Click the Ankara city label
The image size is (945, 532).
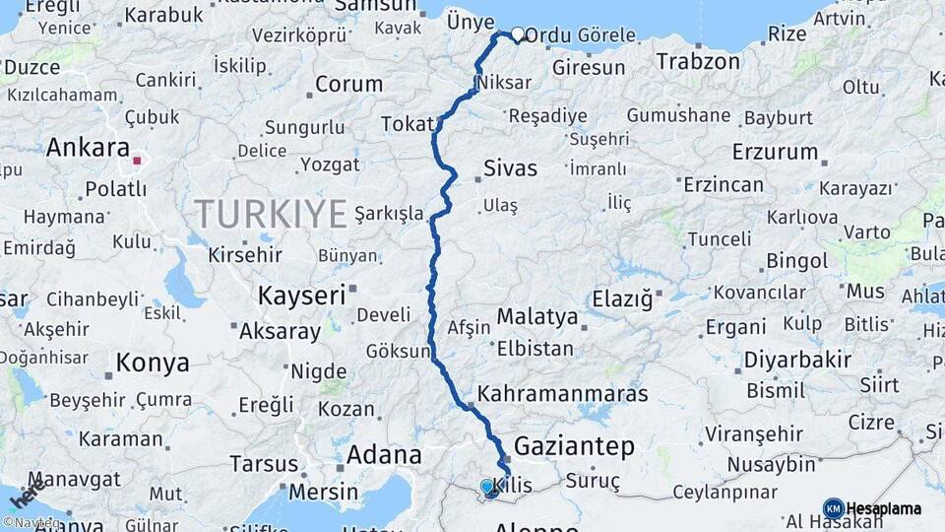(x=89, y=148)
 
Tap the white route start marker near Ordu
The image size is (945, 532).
(x=518, y=34)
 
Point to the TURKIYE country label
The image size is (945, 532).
(x=271, y=213)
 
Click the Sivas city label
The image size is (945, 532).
(x=510, y=168)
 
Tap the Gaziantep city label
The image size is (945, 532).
(x=574, y=446)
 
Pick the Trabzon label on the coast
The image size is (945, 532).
(x=698, y=61)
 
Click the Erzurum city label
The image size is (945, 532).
(x=776, y=152)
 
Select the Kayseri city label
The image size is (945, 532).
(x=301, y=295)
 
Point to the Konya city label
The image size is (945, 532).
(x=153, y=363)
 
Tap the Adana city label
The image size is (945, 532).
(x=384, y=455)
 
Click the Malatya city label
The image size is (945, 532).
(x=536, y=317)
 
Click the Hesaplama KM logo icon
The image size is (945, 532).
(x=833, y=508)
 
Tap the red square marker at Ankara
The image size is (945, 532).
(x=138, y=161)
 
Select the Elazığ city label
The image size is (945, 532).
(x=622, y=298)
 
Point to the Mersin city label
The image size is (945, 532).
(x=323, y=491)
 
